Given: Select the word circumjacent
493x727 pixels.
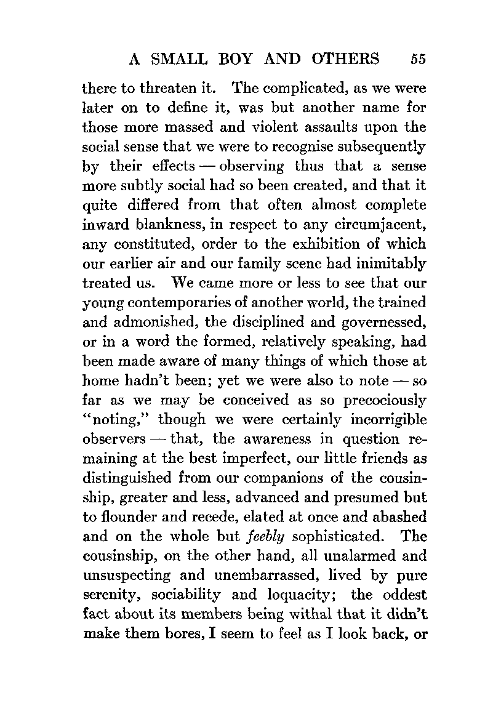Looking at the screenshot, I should [380, 225].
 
